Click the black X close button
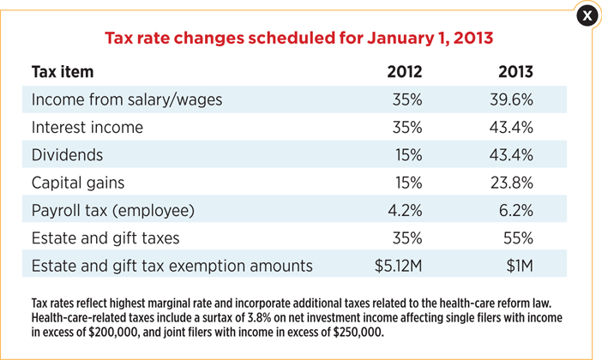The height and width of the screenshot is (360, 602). point(587,15)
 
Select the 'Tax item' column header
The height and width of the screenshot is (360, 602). point(63,71)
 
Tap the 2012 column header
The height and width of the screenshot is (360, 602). point(405,71)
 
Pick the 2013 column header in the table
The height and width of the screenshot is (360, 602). point(515,71)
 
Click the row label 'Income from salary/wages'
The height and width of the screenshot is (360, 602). point(127,99)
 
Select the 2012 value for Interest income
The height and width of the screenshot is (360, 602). point(407,128)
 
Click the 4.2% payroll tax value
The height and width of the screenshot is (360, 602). point(405,210)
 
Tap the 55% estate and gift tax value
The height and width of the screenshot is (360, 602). point(517,238)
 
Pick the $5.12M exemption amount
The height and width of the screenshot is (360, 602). point(398,266)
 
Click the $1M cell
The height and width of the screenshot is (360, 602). point(520,266)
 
